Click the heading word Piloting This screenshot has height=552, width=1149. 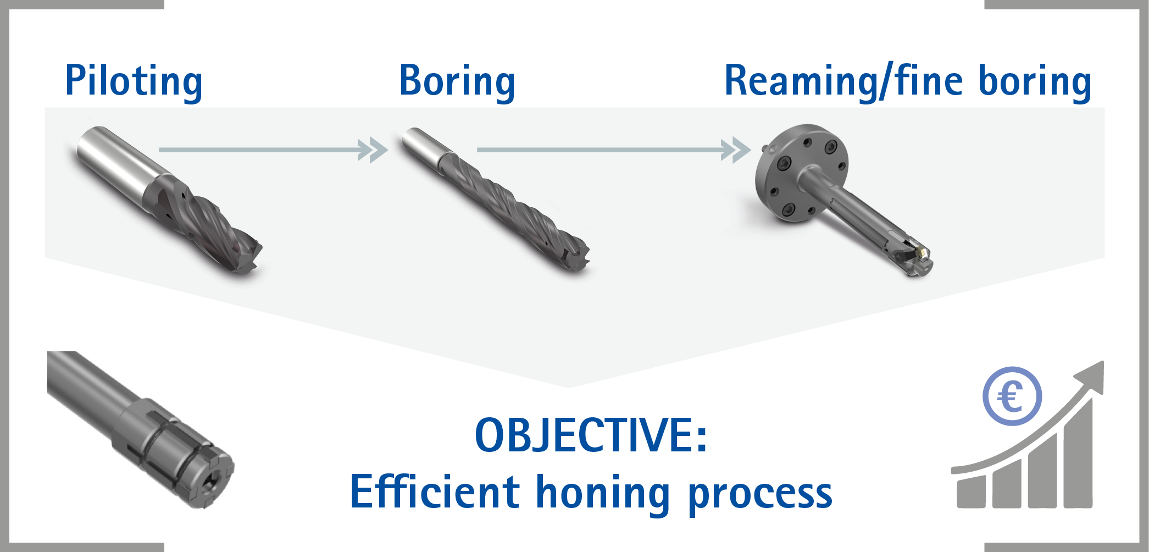pyautogui.click(x=134, y=81)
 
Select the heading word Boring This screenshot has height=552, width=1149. pyautogui.click(x=457, y=81)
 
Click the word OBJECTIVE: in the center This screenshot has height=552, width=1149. pyautogui.click(x=591, y=435)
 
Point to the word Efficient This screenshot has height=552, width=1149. pyautogui.click(x=435, y=492)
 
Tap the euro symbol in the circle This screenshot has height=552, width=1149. pyautogui.click(x=1012, y=396)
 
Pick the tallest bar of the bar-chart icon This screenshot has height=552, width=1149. pyautogui.click(x=1078, y=451)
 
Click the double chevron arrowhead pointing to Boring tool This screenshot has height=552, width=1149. pyautogui.click(x=372, y=150)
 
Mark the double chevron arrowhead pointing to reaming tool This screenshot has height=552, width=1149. pyautogui.click(x=735, y=150)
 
